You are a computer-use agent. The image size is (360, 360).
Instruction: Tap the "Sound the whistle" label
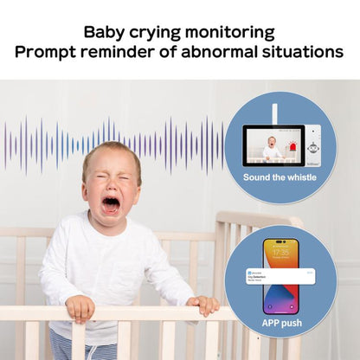point(280,177)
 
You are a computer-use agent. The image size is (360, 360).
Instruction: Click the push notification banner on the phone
point(280,273)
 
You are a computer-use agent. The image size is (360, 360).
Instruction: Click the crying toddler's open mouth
point(112,204)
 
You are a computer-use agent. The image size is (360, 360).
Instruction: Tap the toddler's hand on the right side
point(204,304)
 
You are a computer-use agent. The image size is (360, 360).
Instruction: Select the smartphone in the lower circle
point(280,275)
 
